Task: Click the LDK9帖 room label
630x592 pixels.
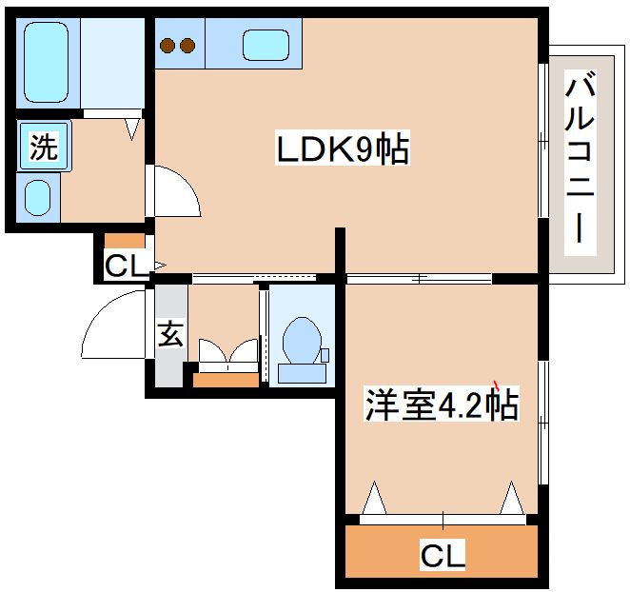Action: [343, 149]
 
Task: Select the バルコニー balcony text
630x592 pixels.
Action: [580, 161]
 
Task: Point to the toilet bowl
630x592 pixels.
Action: [303, 342]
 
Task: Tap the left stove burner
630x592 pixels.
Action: [168, 45]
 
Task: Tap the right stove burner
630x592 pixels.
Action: [187, 45]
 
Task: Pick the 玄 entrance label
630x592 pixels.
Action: [170, 335]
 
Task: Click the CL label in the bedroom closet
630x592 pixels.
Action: [443, 555]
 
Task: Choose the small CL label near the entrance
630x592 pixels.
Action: [126, 266]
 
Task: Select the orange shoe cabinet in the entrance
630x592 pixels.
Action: [226, 380]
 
